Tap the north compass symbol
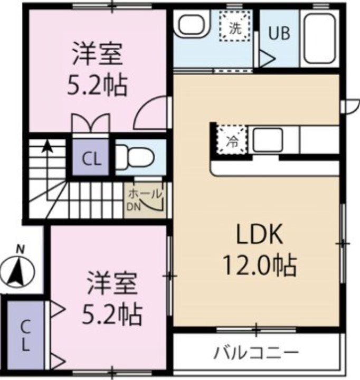point(18,268)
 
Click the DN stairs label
point(132,206)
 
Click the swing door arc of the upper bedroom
point(150,113)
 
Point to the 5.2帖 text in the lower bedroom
point(112,315)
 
